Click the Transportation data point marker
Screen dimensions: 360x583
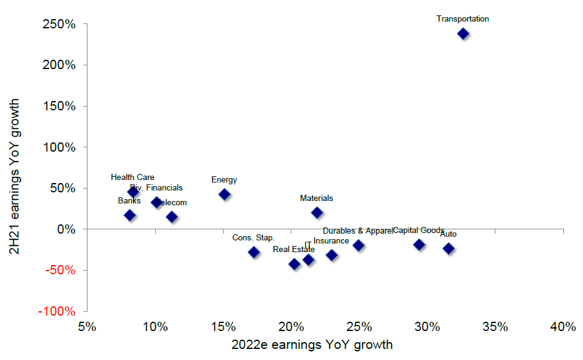[463, 33]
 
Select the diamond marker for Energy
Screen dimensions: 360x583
[224, 194]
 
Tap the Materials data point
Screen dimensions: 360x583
[317, 213]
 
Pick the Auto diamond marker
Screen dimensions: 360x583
[449, 248]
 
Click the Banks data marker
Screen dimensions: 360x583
[129, 215]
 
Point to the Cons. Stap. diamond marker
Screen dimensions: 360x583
[253, 252]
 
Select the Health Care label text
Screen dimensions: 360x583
[132, 178]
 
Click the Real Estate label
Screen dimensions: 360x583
[293, 250]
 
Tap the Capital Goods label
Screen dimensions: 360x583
[418, 231]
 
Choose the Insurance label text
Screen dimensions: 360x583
[331, 241]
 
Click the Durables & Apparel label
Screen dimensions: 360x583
[357, 231]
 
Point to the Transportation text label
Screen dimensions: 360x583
[463, 19]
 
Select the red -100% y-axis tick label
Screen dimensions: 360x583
[59, 311]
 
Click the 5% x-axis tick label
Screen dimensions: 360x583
[87, 326]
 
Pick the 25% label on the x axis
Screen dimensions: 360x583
[359, 326]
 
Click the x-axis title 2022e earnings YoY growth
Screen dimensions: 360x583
[311, 345]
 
